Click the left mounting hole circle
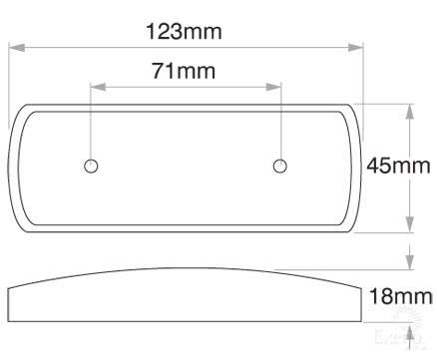click(91, 166)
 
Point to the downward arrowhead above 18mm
click(408, 263)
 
